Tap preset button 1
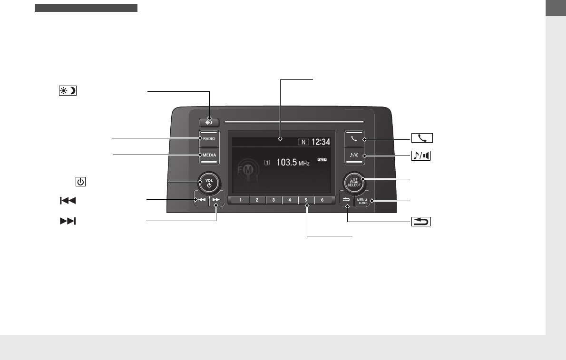click(241, 200)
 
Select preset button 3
click(273, 200)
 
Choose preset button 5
click(306, 200)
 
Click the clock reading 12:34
click(321, 142)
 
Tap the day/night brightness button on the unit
click(209, 121)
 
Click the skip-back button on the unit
click(201, 200)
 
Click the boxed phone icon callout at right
click(422, 139)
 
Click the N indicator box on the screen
click(303, 142)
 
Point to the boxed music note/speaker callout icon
click(422, 156)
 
